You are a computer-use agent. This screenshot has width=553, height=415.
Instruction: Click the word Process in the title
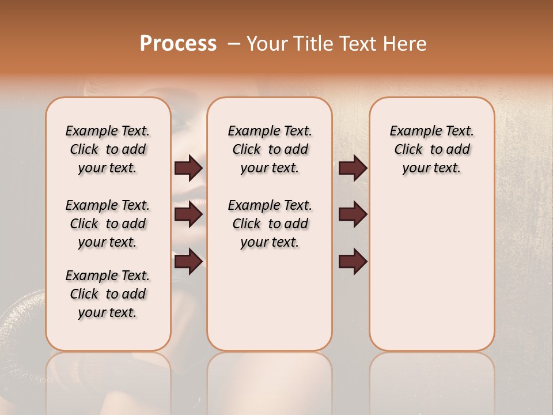[x=178, y=44]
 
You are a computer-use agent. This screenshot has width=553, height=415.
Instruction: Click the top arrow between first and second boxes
[x=188, y=168]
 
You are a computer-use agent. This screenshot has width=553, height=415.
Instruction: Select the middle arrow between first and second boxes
[x=188, y=214]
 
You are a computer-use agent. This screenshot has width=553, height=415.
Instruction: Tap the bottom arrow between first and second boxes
[x=188, y=261]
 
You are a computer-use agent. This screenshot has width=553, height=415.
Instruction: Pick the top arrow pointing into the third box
[x=353, y=168]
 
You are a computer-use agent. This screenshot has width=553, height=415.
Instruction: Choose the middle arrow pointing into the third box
[x=353, y=214]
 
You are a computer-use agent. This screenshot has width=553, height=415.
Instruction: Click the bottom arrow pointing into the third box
[x=353, y=261]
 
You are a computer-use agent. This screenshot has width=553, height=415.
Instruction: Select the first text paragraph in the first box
[x=108, y=149]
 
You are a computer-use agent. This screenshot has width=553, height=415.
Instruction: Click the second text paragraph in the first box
[x=108, y=224]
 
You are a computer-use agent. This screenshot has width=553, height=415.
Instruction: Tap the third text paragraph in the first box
[x=108, y=294]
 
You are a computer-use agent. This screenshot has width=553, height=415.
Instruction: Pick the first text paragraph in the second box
[x=270, y=149]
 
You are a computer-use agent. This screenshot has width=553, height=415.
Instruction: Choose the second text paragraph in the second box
[x=270, y=224]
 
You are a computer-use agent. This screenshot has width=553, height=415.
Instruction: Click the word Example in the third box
[x=410, y=131]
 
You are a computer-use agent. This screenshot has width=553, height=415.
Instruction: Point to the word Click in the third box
[x=408, y=150]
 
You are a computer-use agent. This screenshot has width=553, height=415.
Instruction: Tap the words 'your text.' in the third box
[x=431, y=168]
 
